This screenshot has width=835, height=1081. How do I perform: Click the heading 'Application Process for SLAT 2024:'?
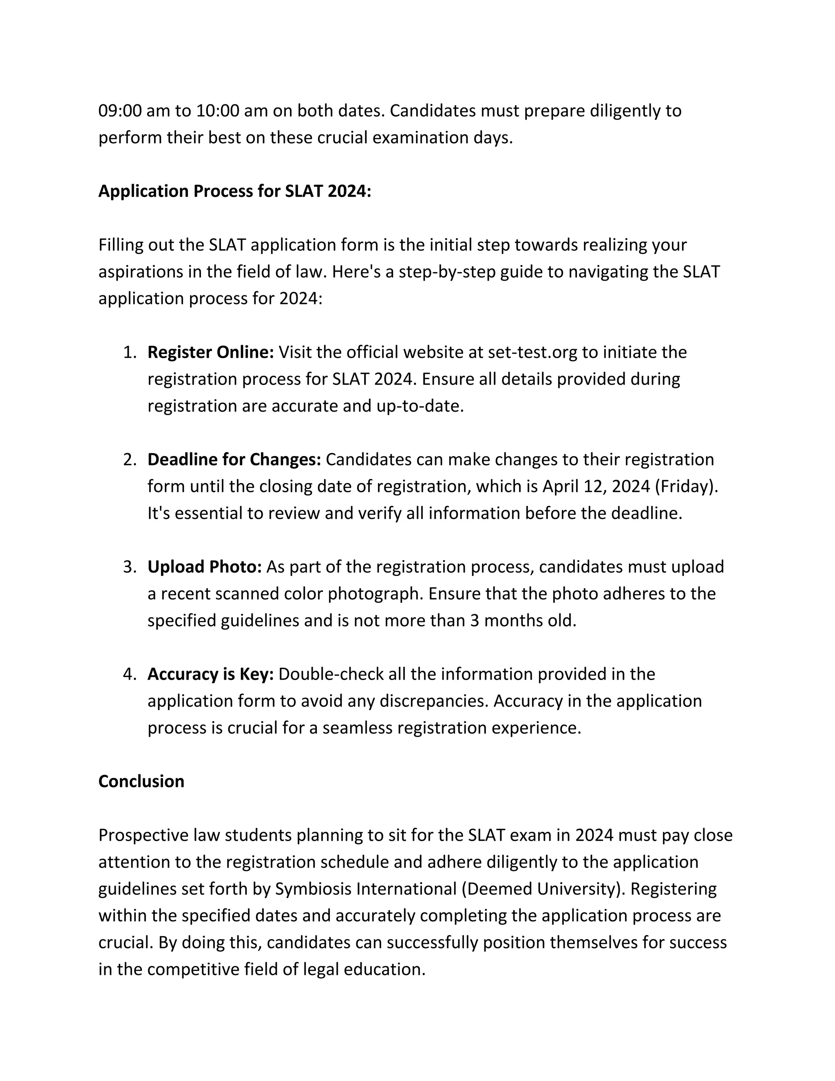pos(234,191)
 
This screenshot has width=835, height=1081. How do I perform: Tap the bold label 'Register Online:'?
pos(210,352)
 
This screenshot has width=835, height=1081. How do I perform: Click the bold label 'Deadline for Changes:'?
pos(234,460)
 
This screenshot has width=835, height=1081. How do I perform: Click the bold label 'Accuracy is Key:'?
pos(210,675)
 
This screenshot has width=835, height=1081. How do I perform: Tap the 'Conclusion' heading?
pos(141,782)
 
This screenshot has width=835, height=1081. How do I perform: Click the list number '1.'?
pos(129,352)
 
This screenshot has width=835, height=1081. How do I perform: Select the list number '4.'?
pos(129,675)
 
